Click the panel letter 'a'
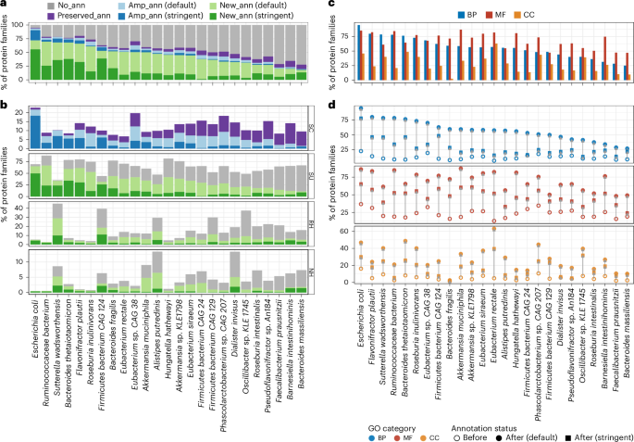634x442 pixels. click(5, 6)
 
